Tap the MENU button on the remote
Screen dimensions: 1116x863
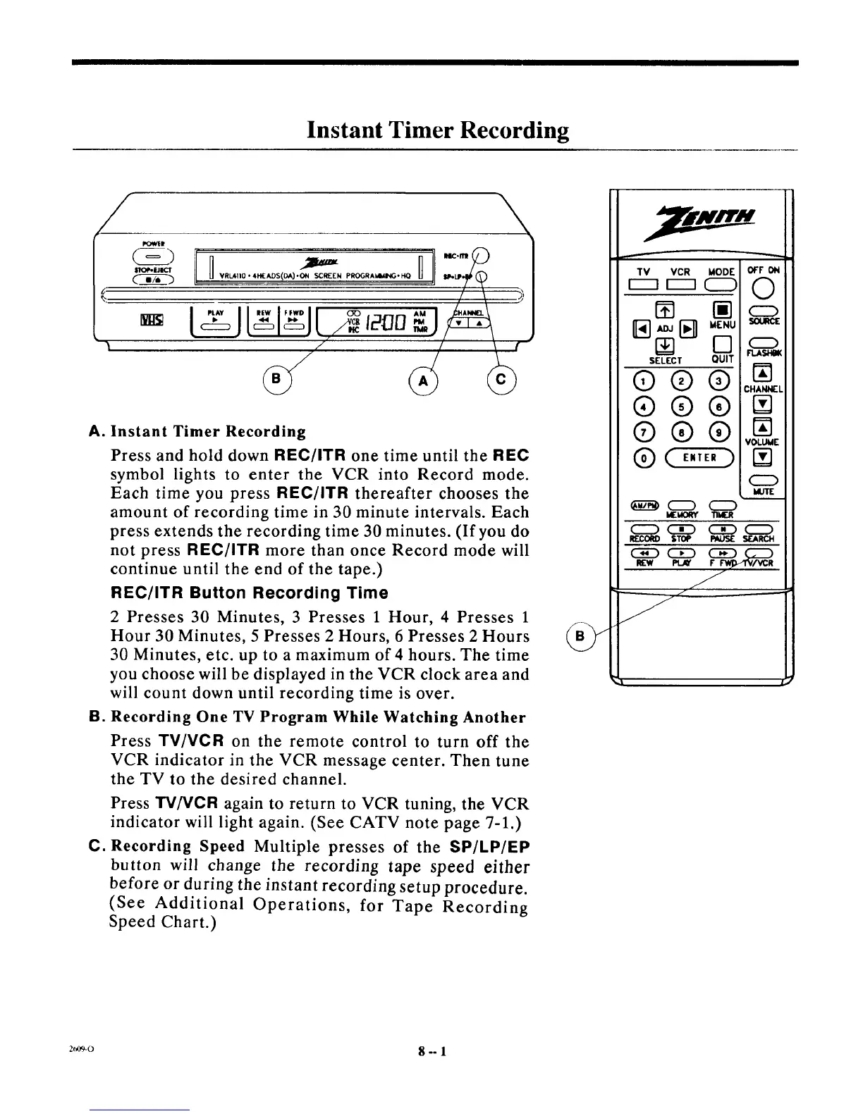click(721, 309)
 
